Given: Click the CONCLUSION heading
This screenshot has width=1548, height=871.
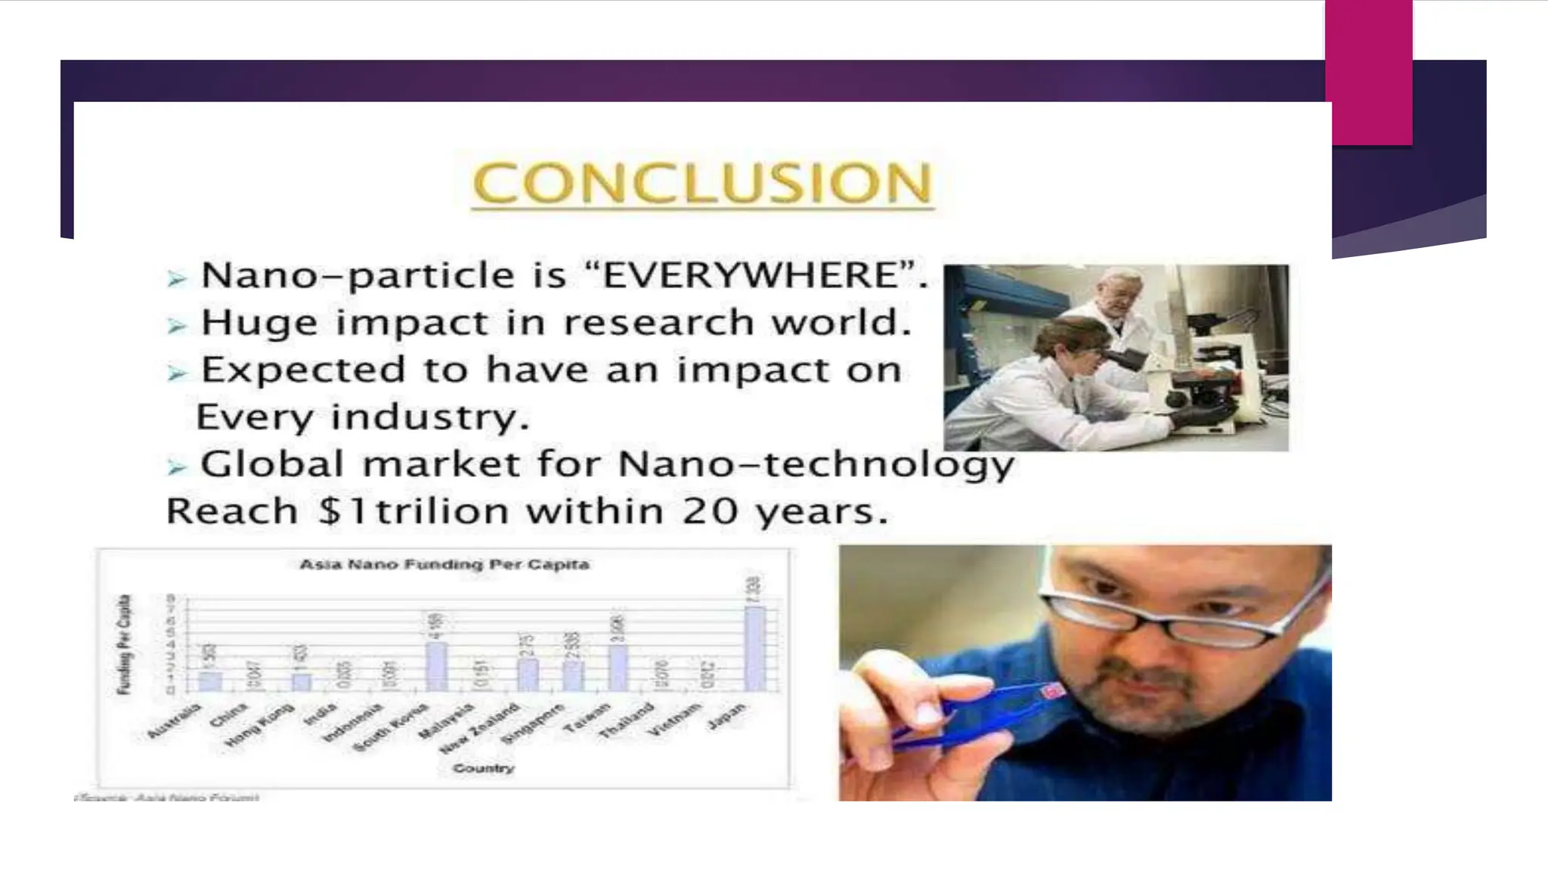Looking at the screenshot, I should pos(702,183).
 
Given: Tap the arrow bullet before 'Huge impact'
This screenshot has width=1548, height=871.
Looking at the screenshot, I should pos(177,326).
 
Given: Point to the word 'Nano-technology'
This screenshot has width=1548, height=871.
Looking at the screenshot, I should pos(816,464).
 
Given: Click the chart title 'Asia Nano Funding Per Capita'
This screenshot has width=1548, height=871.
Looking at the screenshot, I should pos(444,564).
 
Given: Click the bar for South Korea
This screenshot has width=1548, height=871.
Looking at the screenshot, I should pos(436,666).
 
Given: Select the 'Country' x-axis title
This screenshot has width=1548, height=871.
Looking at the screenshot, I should pos(483,768).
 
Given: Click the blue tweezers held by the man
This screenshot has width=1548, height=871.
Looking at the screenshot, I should pos(983,714).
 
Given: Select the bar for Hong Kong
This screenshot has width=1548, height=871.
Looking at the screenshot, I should pos(302,681).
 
